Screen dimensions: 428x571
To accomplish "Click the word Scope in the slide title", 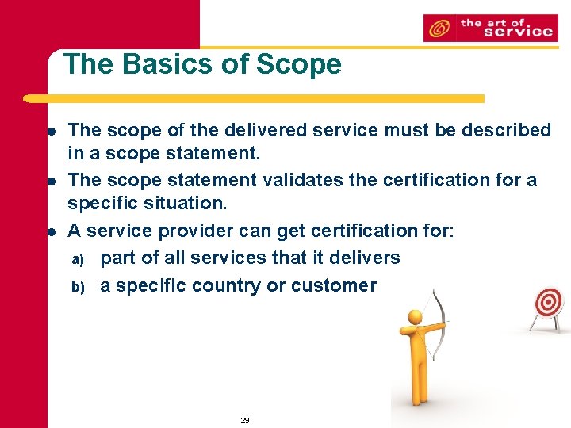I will point(302,64).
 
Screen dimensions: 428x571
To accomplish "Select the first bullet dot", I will point(49,130).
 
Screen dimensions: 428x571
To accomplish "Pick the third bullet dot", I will point(49,232).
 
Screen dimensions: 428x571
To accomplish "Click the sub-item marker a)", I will point(78,259).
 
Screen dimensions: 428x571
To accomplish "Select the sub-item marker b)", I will point(78,286).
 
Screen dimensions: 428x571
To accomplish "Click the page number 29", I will point(245,420).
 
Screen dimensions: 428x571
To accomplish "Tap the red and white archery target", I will point(547,302).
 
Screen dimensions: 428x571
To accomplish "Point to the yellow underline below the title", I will point(254,99).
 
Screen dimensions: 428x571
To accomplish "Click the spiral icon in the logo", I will point(436,29).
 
